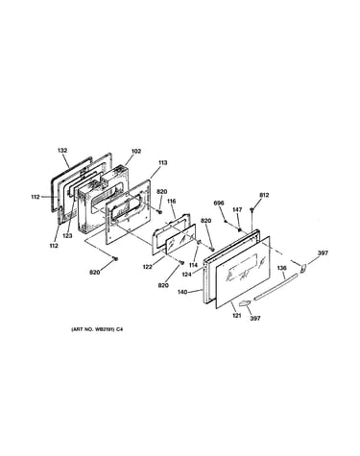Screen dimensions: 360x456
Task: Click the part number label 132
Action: click(x=62, y=150)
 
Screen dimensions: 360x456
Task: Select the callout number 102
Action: click(x=136, y=152)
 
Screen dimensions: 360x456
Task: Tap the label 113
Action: click(x=162, y=163)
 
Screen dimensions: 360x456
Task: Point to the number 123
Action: click(x=67, y=236)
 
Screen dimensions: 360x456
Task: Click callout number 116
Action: click(x=171, y=202)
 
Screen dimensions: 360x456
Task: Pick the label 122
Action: click(x=148, y=267)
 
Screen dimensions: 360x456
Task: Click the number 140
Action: click(x=183, y=292)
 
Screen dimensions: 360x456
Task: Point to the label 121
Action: click(x=236, y=316)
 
